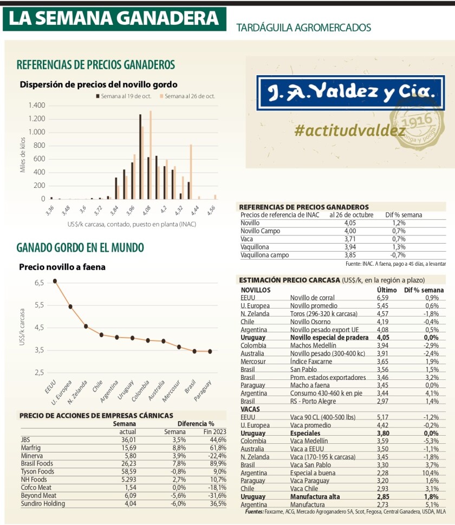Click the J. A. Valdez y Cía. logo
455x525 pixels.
(347, 94)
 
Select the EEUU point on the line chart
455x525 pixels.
(55, 281)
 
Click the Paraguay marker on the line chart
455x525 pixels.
(210, 351)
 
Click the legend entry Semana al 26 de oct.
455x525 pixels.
(187, 96)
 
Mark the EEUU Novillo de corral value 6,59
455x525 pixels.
(383, 298)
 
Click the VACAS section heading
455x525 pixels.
(250, 409)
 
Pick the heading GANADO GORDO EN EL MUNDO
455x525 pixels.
(80, 248)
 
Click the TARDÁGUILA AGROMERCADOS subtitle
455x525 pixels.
(303, 27)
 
